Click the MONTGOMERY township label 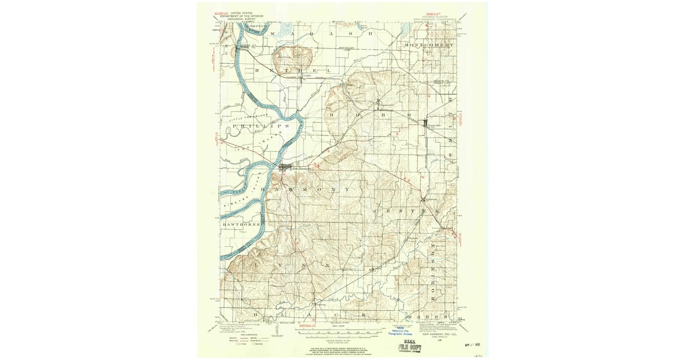429,45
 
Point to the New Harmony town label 301,168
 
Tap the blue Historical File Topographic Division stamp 400,331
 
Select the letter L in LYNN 256,266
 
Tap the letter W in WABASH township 272,34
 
